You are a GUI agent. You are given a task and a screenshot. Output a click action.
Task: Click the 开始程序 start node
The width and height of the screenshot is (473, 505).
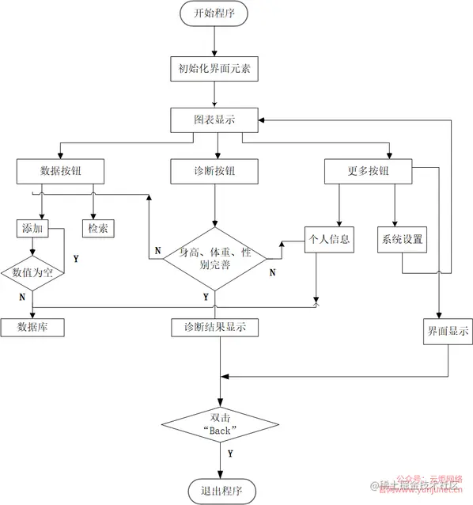(214, 13)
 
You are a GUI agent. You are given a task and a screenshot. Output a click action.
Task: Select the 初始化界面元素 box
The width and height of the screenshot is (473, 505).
(214, 70)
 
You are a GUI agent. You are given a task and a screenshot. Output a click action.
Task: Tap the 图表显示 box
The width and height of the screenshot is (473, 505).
(214, 120)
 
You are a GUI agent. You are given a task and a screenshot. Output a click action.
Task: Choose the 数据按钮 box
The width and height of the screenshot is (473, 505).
(60, 171)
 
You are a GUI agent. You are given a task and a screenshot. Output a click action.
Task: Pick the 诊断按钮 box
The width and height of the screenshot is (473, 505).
(214, 171)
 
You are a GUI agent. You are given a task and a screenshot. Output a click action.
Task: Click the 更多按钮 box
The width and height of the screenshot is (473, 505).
(369, 171)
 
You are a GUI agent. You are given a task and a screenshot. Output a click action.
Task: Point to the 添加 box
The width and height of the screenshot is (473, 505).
(32, 228)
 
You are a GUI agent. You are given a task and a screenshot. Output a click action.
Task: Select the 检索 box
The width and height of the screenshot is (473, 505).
(98, 228)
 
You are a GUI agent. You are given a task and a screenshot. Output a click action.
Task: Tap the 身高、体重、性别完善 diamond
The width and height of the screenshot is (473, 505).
(214, 258)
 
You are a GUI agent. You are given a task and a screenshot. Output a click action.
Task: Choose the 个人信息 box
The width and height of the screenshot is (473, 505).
(327, 238)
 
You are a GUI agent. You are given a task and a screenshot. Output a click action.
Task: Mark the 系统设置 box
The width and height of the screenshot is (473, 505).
(403, 238)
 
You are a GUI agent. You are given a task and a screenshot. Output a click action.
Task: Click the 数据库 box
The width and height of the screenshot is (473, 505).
(32, 326)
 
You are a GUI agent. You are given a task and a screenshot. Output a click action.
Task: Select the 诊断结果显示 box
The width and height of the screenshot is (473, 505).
(214, 326)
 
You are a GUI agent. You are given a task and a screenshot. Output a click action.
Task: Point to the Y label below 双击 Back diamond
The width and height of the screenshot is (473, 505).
(230, 454)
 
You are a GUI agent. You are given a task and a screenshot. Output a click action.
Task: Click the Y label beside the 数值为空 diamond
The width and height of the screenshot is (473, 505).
(76, 259)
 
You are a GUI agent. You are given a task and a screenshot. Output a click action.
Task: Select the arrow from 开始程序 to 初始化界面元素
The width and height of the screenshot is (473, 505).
(214, 40)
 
